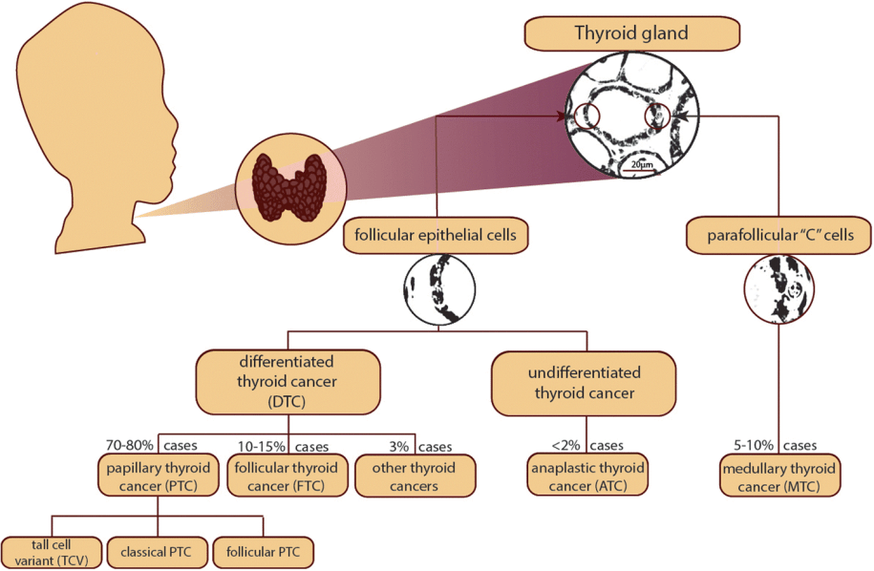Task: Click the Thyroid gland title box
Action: pyautogui.click(x=630, y=34)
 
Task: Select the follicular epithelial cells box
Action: pyautogui.click(x=437, y=235)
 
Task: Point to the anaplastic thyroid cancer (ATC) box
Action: pyautogui.click(x=587, y=476)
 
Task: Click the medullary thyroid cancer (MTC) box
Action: pyautogui.click(x=780, y=476)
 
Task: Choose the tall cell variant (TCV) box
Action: pyautogui.click(x=50, y=551)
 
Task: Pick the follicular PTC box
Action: pyautogui.click(x=263, y=551)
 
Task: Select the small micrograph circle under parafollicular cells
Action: pyautogui.click(x=780, y=291)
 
